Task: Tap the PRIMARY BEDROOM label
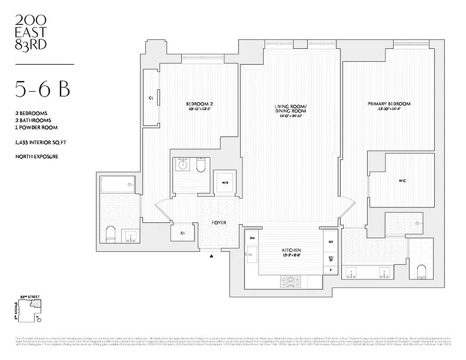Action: click(389, 104)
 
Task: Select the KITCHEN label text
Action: click(292, 250)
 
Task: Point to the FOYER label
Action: click(219, 223)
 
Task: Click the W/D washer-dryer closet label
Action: click(225, 183)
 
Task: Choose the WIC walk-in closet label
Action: click(403, 180)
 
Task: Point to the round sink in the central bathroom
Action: click(184, 165)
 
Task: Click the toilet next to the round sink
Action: click(201, 165)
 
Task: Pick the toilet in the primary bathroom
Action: click(422, 272)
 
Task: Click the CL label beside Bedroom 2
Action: click(151, 98)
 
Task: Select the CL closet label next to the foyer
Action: click(182, 233)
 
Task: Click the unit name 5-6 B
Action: click(42, 89)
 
